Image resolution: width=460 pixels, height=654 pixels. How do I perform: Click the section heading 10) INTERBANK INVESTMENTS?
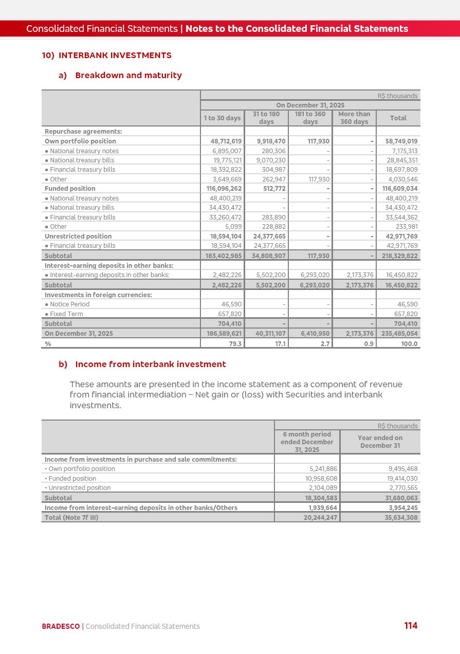pos(107,56)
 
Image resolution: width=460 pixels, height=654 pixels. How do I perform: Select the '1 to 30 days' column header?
pos(222,118)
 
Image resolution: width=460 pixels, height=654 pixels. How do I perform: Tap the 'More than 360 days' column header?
pos(354,118)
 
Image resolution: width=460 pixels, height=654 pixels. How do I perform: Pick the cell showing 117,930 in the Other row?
pos(315,179)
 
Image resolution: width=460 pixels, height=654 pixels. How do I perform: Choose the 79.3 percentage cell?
pos(235,344)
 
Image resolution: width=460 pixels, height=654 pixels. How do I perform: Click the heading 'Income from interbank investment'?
pos(150,365)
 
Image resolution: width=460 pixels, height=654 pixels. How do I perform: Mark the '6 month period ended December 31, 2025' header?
pos(307,442)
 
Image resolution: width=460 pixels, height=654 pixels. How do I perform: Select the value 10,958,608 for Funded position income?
pos(321,479)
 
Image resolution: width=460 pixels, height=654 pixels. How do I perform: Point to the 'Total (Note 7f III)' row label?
pos(71,518)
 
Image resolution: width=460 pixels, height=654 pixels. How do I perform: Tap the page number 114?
pos(411,626)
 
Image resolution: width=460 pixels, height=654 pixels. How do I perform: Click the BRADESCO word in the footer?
pos(61,626)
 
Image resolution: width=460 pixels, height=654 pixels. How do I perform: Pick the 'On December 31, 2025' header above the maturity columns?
pos(310,105)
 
